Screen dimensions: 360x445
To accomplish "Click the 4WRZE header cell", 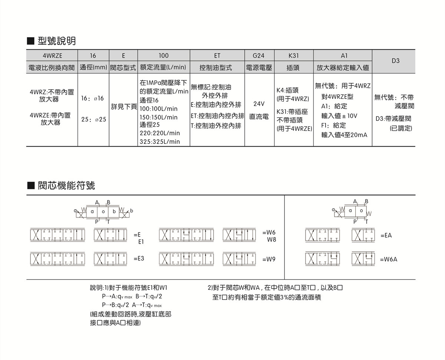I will pyautogui.click(x=52, y=56).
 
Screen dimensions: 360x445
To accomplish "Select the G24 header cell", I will pyautogui.click(x=258, y=56).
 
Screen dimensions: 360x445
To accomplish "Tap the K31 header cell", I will pyautogui.click(x=293, y=56).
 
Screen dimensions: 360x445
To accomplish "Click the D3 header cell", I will pyautogui.click(x=395, y=60).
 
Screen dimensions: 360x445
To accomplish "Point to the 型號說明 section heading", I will pyautogui.click(x=56, y=41).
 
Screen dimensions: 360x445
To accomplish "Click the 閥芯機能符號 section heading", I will pyautogui.click(x=66, y=185).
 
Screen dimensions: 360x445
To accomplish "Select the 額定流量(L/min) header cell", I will pyautogui.click(x=163, y=68).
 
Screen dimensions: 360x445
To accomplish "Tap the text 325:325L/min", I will pyautogui.click(x=159, y=141).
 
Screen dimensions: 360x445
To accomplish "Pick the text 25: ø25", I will pyautogui.click(x=93, y=120).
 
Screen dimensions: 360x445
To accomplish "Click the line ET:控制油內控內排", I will pyautogui.click(x=217, y=116).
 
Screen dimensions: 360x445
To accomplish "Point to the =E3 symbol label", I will pyautogui.click(x=139, y=258).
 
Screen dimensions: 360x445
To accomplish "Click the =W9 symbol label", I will pyautogui.click(x=269, y=259).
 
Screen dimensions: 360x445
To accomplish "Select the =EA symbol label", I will pyautogui.click(x=386, y=235).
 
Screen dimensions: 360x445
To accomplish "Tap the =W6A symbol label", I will pyautogui.click(x=388, y=259).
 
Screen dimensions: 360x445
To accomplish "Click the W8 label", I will pyautogui.click(x=271, y=240).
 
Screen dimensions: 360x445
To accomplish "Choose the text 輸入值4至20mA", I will pyautogui.click(x=344, y=135).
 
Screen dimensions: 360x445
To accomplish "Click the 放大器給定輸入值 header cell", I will pyautogui.click(x=343, y=68).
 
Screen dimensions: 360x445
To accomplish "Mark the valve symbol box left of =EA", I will pyautogui.click(x=363, y=235).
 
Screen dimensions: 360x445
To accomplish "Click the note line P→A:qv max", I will pyautogui.click(x=117, y=297).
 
